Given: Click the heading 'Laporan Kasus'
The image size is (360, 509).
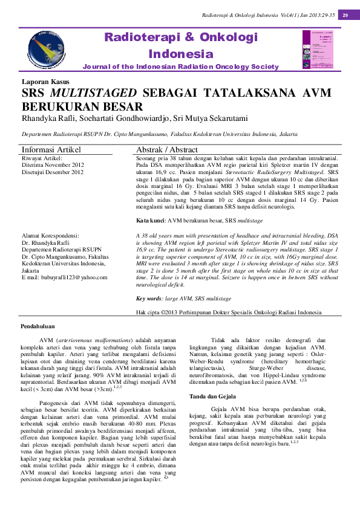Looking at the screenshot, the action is (x=45, y=82).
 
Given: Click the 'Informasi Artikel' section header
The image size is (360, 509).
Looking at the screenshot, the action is (x=51, y=149).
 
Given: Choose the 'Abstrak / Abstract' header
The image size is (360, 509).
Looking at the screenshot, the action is (x=167, y=149).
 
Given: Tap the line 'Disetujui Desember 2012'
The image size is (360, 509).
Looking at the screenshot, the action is (x=53, y=172).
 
